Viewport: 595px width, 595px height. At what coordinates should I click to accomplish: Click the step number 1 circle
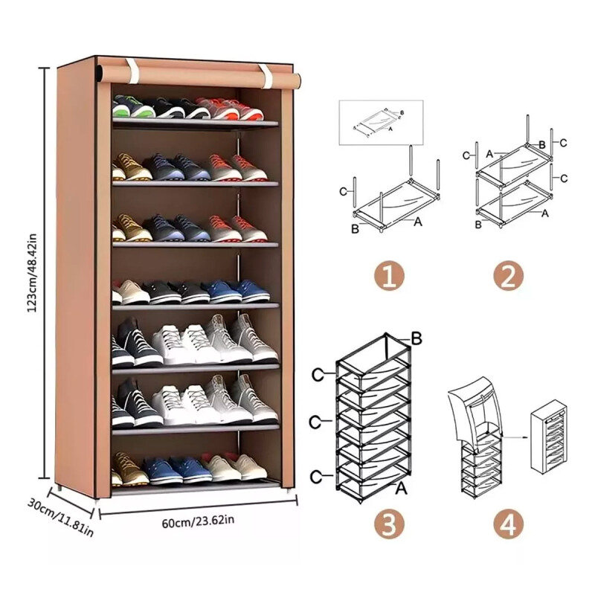(x=389, y=277)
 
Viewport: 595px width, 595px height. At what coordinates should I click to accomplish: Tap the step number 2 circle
(x=509, y=277)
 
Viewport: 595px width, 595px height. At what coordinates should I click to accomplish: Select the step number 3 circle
(x=389, y=524)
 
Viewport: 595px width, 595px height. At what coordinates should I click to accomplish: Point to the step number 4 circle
(x=509, y=524)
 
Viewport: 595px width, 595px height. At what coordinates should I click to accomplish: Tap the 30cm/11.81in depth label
(x=60, y=518)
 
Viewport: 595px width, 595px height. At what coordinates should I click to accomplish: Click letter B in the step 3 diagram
(x=416, y=339)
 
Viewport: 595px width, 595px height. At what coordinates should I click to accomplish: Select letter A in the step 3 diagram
(x=401, y=489)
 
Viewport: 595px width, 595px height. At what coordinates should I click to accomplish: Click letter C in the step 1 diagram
(x=343, y=192)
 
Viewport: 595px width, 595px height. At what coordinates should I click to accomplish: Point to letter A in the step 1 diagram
(x=418, y=221)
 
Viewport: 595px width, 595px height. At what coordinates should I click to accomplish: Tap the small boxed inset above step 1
(x=381, y=123)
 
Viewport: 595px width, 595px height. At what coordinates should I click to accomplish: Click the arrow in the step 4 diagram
(x=515, y=437)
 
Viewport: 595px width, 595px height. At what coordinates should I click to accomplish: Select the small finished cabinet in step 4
(x=549, y=436)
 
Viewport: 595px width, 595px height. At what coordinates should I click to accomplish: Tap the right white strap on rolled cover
(x=266, y=76)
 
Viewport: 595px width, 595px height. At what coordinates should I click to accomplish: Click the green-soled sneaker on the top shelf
(x=132, y=106)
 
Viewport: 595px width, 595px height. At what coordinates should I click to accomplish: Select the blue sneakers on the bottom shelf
(x=177, y=471)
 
